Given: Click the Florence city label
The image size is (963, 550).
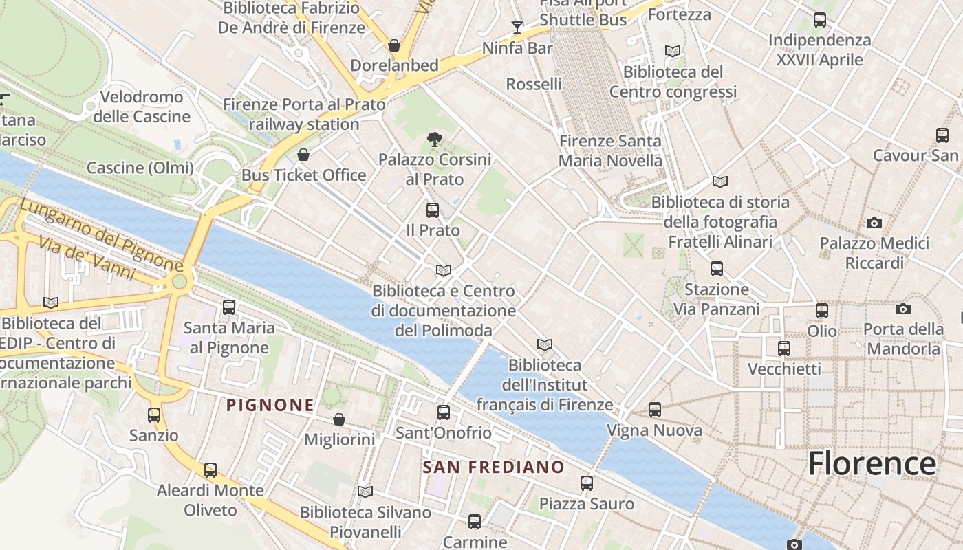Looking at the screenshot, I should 872,463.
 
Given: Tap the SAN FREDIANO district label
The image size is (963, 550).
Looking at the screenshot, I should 493,467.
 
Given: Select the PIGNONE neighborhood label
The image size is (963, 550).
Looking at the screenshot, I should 270,405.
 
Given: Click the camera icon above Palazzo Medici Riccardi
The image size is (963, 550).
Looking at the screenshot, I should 874,223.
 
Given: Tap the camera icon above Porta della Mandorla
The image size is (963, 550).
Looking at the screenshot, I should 903,309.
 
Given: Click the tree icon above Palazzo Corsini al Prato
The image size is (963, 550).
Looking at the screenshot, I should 434,140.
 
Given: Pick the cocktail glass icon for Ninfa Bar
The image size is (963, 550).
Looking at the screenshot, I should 517,27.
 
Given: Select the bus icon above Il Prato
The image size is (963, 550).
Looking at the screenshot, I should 433,210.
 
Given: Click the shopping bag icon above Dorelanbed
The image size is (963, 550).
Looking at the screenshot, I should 394,45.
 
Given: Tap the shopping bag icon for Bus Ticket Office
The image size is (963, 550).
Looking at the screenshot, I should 303,155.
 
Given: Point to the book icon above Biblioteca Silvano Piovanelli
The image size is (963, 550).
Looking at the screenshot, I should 365,492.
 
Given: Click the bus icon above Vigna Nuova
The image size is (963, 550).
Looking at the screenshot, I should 655,410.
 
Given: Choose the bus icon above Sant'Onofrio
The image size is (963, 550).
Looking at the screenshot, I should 444,412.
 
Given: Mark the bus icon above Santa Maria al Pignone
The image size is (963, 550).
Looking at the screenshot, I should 229,307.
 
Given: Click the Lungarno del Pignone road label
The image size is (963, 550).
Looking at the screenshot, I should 100,234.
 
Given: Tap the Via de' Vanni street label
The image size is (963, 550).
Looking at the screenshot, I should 86,258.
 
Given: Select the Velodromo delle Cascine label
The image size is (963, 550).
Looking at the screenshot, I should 142,107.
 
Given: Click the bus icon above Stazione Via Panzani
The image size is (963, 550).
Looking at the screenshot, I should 717,268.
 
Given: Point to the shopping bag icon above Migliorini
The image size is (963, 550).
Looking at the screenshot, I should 339,419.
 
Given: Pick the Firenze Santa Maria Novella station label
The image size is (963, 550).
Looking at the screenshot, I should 610,151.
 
